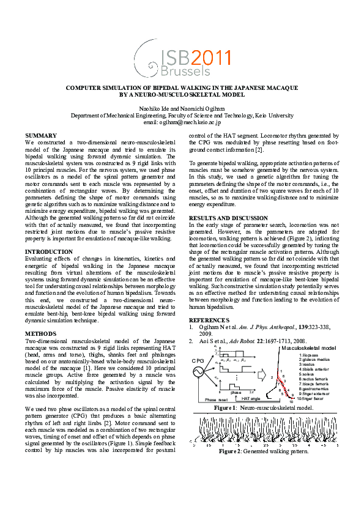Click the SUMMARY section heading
tap(40, 135)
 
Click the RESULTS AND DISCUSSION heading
tap(228, 218)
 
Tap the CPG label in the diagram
tap(198, 360)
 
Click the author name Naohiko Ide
tap(156, 108)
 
